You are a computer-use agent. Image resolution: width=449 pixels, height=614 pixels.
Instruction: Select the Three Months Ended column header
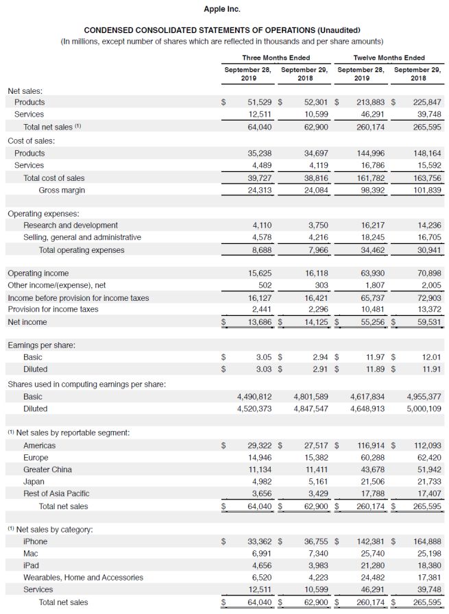point(276,58)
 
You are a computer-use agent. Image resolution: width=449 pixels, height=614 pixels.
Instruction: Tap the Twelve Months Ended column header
point(389,58)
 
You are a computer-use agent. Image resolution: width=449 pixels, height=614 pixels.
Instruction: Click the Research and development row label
point(71,225)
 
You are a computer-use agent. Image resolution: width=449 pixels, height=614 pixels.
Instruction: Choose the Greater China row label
point(47,469)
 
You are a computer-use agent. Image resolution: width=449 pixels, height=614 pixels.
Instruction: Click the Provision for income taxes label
point(53,309)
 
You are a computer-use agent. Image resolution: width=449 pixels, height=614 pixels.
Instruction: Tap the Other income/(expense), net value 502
point(265,285)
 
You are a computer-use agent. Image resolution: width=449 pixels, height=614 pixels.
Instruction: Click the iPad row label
point(31,565)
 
